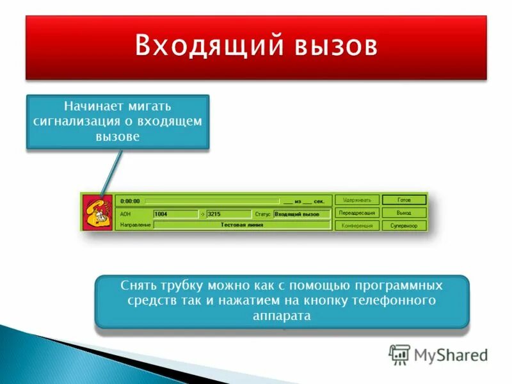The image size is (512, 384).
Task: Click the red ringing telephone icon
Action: [98, 212]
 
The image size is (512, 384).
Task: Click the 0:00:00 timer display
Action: [131, 201]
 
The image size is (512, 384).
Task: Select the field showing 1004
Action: [175, 214]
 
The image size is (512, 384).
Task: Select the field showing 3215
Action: [228, 214]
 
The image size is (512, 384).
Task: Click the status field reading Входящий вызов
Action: [301, 214]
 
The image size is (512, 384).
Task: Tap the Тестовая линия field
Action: [243, 225]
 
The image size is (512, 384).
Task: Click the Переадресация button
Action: [358, 212]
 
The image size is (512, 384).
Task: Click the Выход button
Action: [404, 212]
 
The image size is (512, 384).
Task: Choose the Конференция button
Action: [358, 225]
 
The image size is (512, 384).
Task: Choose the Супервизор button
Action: [404, 225]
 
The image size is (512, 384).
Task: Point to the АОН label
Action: [125, 214]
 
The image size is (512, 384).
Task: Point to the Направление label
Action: [135, 225]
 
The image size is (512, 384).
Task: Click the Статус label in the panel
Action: [262, 214]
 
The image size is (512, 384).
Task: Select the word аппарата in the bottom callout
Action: [282, 316]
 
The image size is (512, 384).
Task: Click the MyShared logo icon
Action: [399, 354]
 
